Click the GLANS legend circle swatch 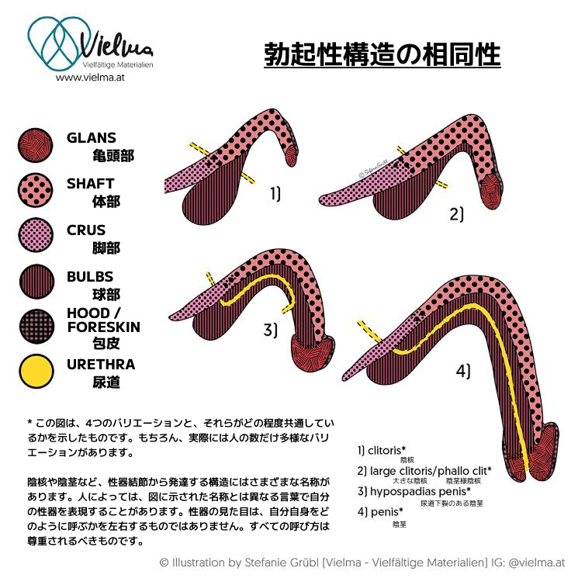tap(36, 145)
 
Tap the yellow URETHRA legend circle tap(36, 371)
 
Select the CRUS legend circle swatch tap(36, 235)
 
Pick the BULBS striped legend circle tap(36, 282)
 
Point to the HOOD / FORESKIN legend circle tap(36, 327)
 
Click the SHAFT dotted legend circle tap(36, 190)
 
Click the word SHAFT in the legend tap(90, 184)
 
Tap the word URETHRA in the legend tap(101, 364)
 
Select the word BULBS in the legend tap(90, 276)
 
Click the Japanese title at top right tap(382, 54)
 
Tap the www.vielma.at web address tap(90, 78)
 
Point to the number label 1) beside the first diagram tap(275, 193)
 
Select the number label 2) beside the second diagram tap(457, 214)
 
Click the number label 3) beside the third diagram tap(270, 329)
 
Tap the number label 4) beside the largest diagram tap(463, 371)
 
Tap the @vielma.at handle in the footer tap(536, 562)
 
